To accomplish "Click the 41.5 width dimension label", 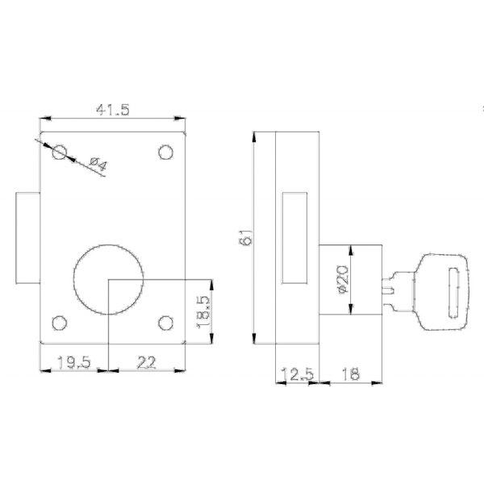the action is pyautogui.click(x=113, y=110).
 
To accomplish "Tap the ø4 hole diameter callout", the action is pyautogui.click(x=98, y=165).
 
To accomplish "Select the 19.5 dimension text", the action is pyautogui.click(x=74, y=362).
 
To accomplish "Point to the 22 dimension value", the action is pyautogui.click(x=146, y=362).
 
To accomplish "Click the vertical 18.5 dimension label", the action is pyautogui.click(x=204, y=312).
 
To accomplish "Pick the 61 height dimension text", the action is pyautogui.click(x=246, y=237).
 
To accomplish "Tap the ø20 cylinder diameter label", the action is pyautogui.click(x=343, y=279).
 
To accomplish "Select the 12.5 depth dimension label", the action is pyautogui.click(x=297, y=374).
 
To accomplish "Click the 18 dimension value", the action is pyautogui.click(x=351, y=374).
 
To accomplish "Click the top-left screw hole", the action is pyautogui.click(x=59, y=152).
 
